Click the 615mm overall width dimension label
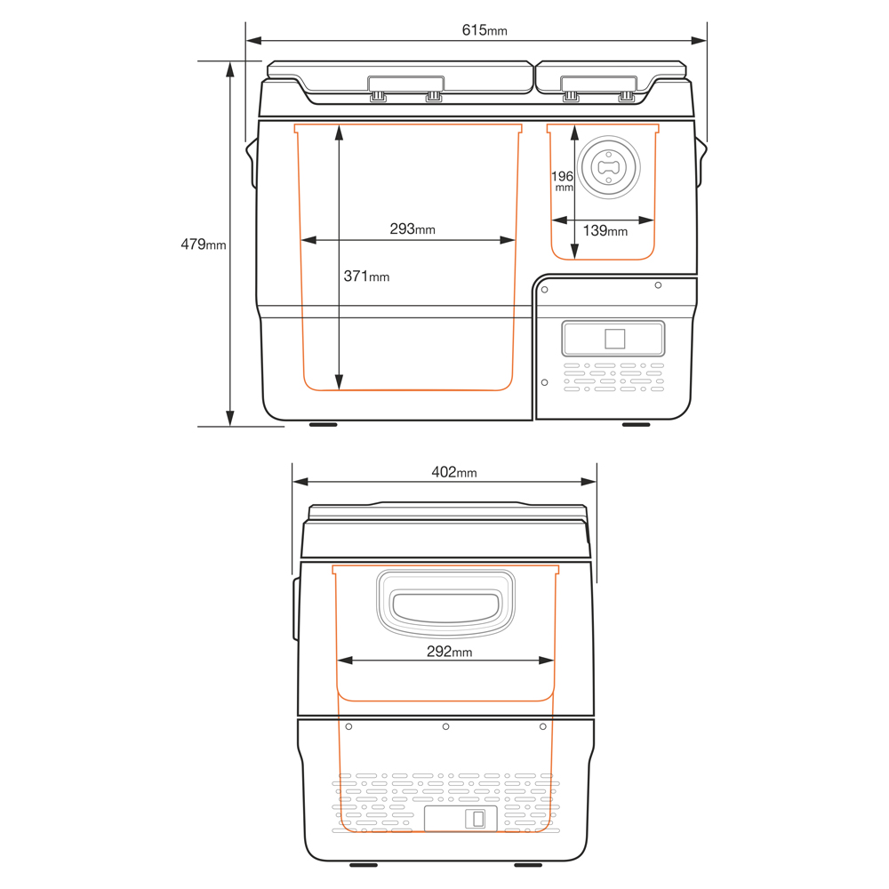coord(485,30)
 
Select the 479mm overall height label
coord(204,244)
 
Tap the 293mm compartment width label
coord(412,229)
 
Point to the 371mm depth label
coord(366,276)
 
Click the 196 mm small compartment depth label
coord(563,180)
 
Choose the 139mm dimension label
coord(605,231)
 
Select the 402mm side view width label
coord(454,472)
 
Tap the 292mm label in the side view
coord(449,652)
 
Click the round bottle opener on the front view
coord(608,167)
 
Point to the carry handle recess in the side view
coord(445,604)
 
